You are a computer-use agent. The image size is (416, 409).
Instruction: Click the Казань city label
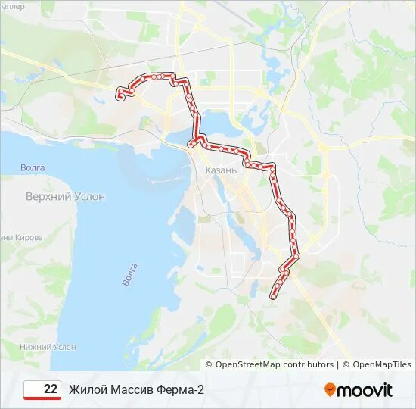[x=221, y=170]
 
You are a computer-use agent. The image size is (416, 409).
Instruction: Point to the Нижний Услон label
[x=48, y=347]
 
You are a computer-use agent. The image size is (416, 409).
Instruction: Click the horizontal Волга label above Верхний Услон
[x=32, y=167]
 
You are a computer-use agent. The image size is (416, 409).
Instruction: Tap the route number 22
[x=51, y=389]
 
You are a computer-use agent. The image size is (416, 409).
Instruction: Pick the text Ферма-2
[x=182, y=389]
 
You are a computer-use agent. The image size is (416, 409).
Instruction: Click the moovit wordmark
[x=365, y=390]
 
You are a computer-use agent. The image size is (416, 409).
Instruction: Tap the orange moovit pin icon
[x=330, y=390]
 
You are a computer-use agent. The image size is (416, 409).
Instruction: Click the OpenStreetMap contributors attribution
[x=274, y=364]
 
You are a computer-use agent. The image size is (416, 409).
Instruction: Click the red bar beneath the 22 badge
[x=42, y=398]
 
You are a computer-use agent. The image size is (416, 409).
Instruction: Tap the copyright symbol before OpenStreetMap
[x=210, y=364]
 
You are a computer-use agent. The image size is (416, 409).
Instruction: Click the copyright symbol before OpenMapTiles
[x=346, y=364]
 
